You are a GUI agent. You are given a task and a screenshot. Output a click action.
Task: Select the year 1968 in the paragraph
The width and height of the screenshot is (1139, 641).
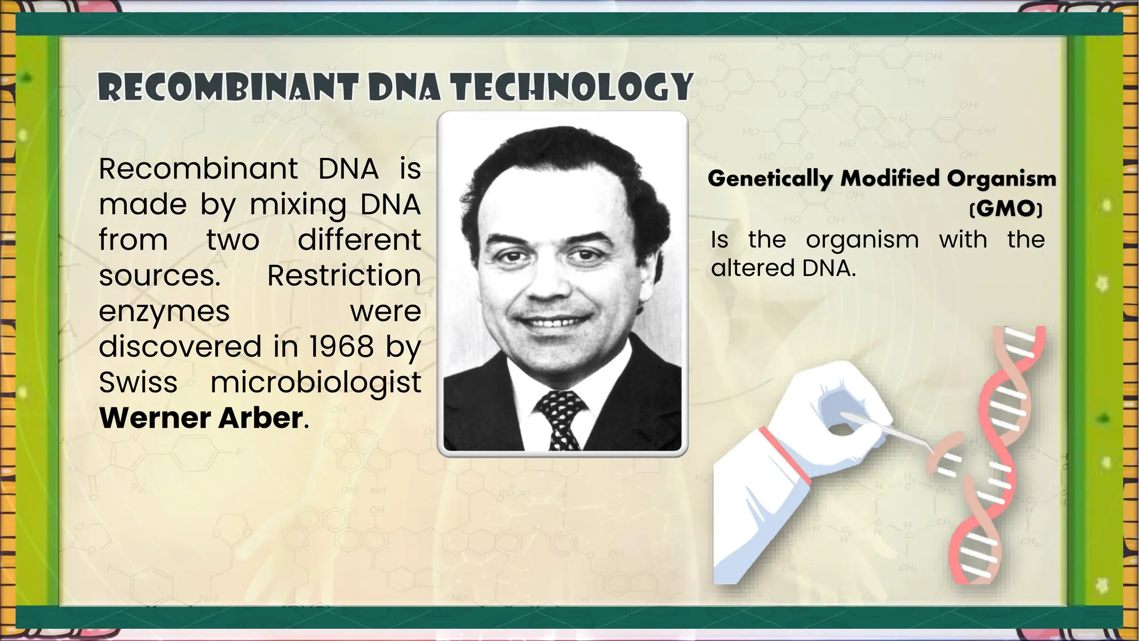341,346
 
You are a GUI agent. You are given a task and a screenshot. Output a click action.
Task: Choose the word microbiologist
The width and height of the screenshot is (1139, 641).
315,383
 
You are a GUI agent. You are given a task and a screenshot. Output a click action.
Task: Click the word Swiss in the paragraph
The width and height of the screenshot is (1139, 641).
138,382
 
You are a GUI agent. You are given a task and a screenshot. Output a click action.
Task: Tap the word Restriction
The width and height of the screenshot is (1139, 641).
344,275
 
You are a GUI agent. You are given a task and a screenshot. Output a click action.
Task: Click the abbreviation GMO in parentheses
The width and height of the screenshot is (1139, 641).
1006,209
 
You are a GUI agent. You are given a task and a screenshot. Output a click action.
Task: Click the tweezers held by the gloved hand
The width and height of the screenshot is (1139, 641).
890,431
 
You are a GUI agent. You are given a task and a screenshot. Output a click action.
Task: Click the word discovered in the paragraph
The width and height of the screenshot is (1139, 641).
180,346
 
